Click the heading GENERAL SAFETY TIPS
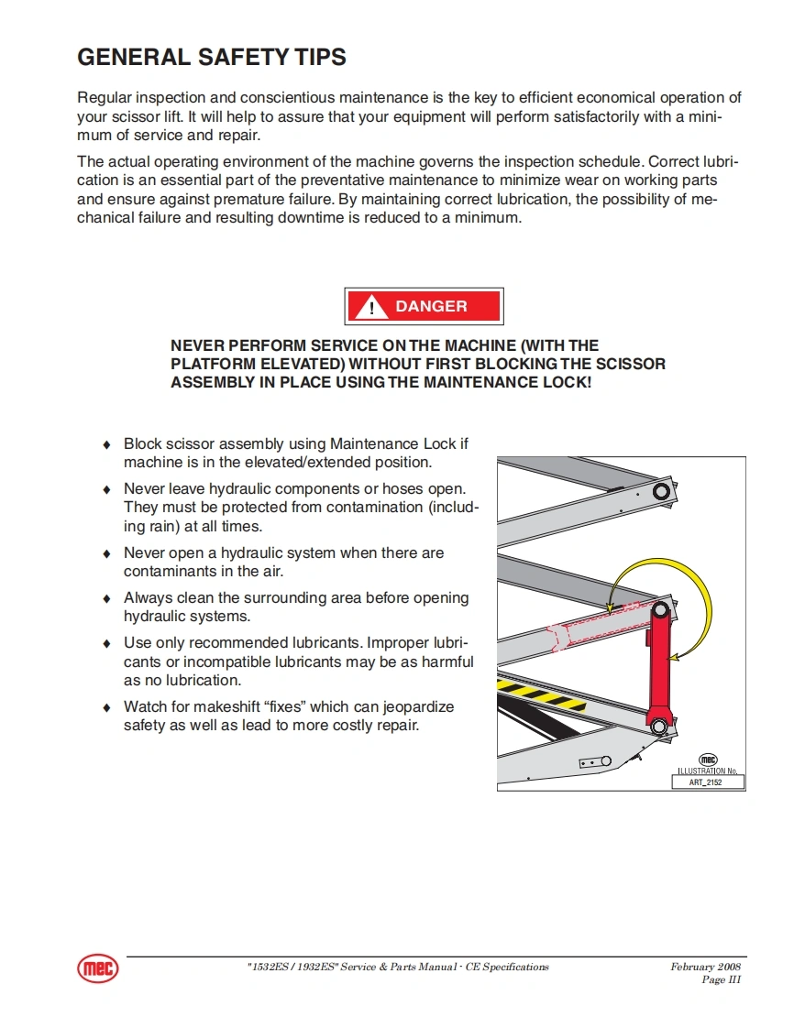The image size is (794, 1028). pos(212,57)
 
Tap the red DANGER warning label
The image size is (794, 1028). pos(424,307)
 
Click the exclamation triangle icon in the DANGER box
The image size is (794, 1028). pos(371,308)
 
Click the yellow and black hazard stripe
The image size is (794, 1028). pos(541,694)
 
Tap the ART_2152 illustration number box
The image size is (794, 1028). pos(707,782)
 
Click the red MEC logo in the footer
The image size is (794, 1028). pos(98,969)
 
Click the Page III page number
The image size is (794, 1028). pos(721,979)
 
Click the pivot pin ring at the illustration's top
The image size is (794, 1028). pos(660,492)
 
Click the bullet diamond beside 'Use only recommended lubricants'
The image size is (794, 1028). pos(106,643)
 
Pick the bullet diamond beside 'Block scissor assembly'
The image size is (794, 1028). pos(106,444)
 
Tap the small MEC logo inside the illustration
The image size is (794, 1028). pos(708,760)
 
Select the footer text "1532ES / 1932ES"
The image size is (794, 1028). pos(292,967)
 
